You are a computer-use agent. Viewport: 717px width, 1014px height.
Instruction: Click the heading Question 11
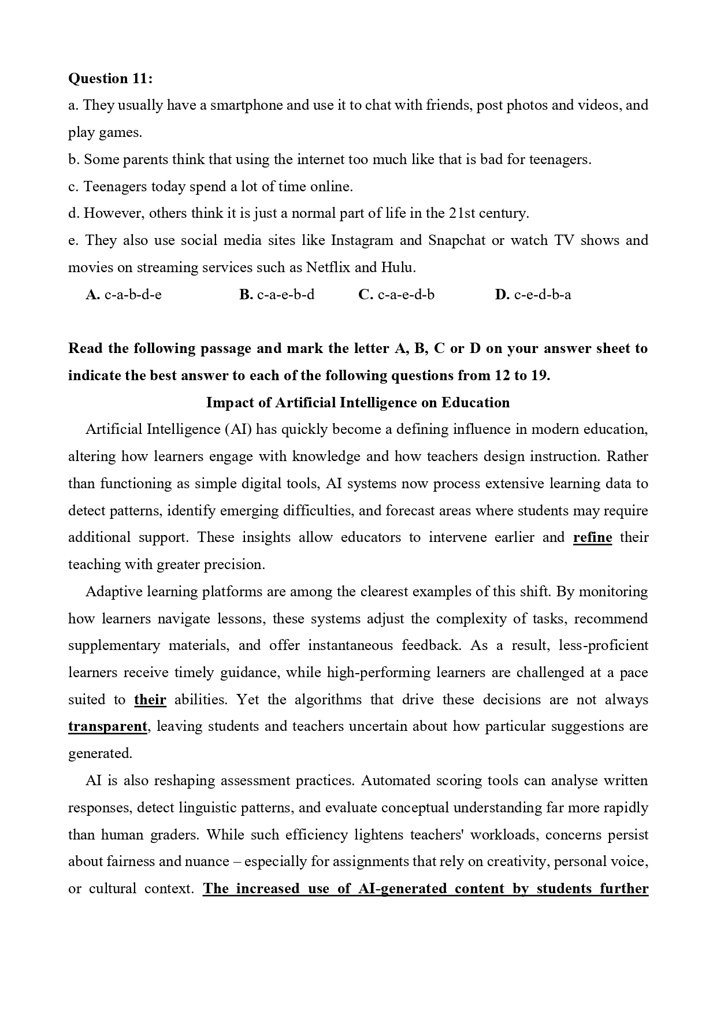[x=110, y=79]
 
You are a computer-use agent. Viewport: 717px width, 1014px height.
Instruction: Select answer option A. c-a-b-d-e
[x=124, y=295]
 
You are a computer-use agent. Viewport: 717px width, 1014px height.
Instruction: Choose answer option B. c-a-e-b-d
[x=277, y=295]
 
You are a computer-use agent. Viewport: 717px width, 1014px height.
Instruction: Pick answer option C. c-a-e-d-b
[x=396, y=295]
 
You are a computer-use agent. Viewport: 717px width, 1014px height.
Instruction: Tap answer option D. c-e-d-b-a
[x=533, y=295]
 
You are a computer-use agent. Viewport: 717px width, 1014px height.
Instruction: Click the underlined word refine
[x=592, y=538]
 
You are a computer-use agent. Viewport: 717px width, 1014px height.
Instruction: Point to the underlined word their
[x=150, y=700]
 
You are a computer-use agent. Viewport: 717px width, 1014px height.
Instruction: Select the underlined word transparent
[x=108, y=727]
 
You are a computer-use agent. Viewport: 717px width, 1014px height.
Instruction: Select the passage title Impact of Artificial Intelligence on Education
[x=358, y=403]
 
